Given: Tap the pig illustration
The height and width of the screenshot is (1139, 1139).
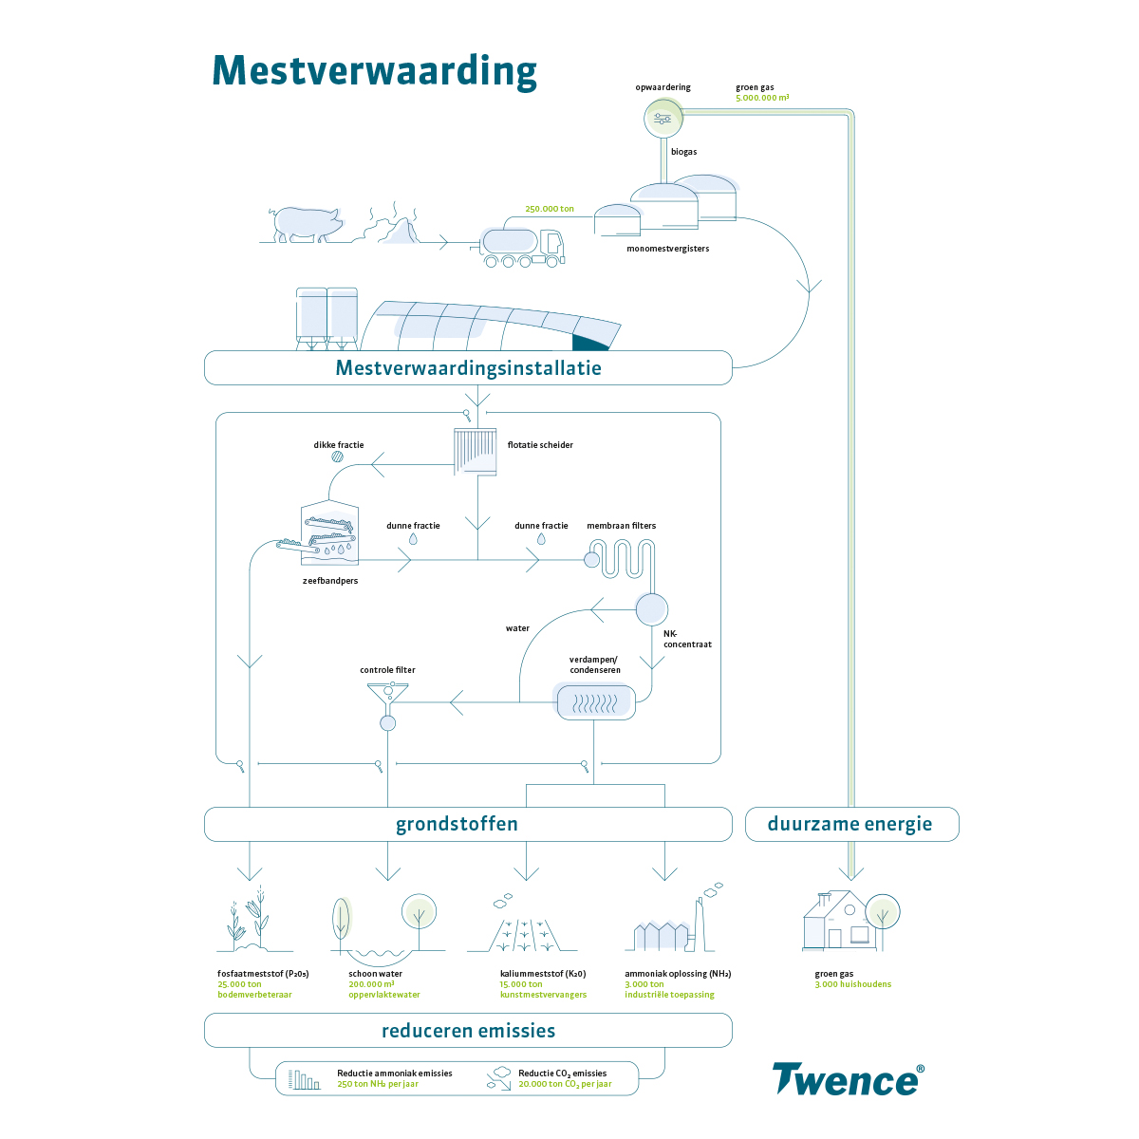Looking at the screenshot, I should coord(307,225).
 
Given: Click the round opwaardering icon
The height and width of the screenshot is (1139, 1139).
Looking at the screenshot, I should coord(663,119).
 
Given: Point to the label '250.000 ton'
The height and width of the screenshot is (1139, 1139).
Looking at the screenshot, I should coord(550,209).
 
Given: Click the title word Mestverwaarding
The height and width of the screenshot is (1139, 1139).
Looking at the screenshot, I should coord(374,71).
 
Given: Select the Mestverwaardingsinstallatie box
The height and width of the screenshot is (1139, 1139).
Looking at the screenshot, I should coord(468,368).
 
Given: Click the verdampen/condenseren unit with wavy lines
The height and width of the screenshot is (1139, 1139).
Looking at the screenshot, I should coord(594,702).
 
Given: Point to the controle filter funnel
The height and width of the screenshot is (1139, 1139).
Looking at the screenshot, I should coord(387,699).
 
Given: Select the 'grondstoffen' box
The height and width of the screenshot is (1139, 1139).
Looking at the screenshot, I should coord(468,824).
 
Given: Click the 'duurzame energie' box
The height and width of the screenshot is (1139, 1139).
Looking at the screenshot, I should coord(850,824).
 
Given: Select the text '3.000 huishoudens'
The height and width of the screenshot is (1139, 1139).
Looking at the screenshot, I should coord(852,984).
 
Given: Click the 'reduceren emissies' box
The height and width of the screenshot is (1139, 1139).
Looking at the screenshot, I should coord(468,1031).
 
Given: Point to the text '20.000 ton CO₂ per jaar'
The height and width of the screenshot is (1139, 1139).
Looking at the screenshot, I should coord(565,1084).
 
